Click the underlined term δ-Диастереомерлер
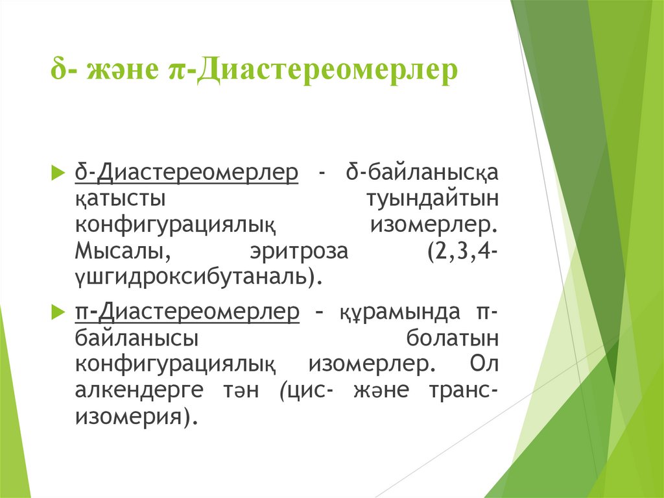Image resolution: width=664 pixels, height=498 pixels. click(186, 173)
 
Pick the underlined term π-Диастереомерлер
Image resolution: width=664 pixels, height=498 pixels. click(186, 312)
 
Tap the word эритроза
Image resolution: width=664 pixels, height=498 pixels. click(300, 251)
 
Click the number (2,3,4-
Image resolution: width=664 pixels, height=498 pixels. click(462, 251)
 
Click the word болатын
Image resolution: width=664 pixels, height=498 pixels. click(451, 338)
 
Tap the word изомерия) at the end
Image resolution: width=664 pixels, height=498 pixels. click(136, 416)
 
